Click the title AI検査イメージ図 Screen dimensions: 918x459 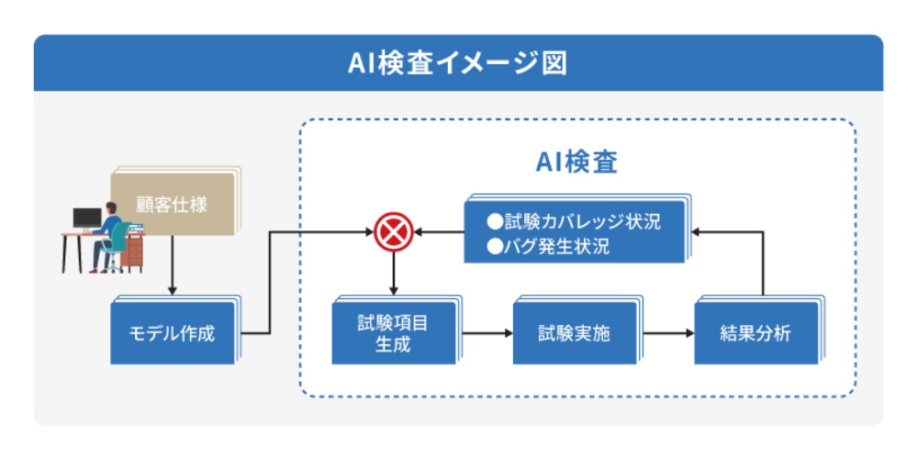coord(457,64)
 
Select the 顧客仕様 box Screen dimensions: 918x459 coord(174,202)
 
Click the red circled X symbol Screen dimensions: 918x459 coord(394,231)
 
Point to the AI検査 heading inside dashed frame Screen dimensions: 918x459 coord(577,162)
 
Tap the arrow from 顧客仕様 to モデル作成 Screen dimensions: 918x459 coord(172,264)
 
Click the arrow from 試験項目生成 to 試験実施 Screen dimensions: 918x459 coord(487,333)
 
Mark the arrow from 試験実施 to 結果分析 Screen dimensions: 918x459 coord(668,333)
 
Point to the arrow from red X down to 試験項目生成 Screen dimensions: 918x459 coord(394,273)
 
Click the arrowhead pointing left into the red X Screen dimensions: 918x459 coord(418,232)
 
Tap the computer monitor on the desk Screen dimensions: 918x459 coord(87,219)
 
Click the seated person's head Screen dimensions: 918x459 coord(111,208)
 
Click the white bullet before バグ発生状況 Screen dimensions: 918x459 coord(495,247)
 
